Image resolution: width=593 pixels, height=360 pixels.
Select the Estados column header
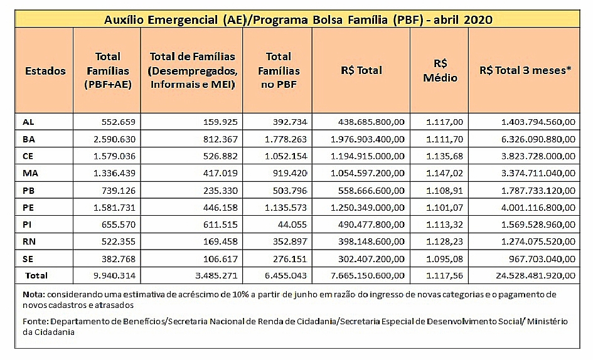(x=45, y=71)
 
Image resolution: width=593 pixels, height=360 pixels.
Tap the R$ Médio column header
(x=440, y=71)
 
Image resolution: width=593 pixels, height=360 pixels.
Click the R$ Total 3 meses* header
(x=525, y=71)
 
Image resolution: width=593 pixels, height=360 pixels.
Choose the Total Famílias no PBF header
(x=279, y=71)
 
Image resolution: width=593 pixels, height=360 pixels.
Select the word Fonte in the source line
(x=33, y=321)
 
